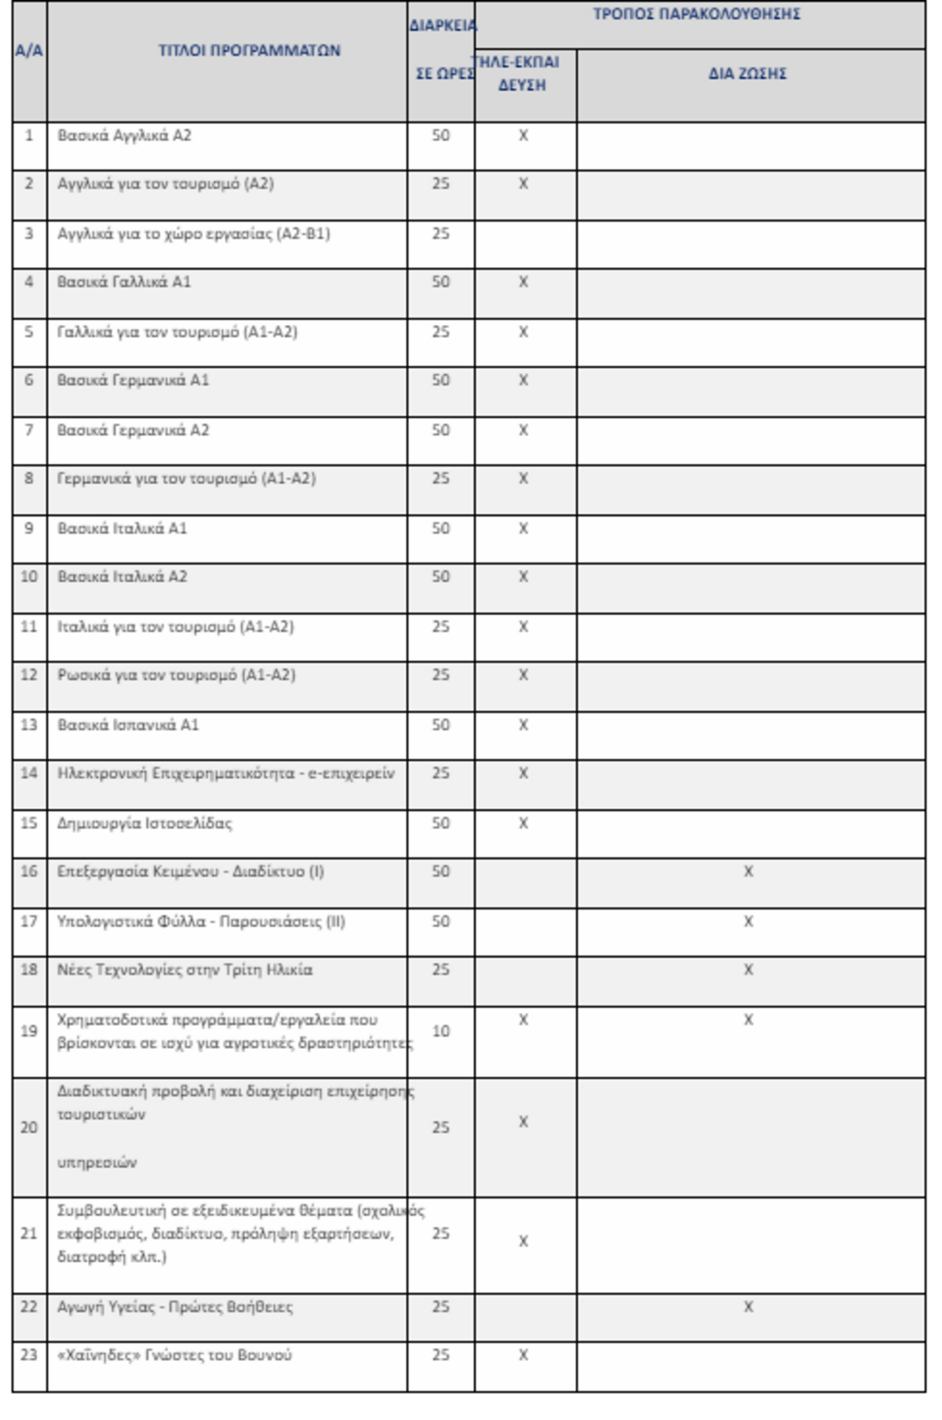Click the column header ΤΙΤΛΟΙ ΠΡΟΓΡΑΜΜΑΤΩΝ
[249, 51]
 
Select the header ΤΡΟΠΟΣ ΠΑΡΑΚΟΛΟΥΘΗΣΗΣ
[696, 14]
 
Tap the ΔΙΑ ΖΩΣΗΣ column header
[747, 74]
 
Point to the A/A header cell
[29, 51]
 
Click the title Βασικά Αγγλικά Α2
[124, 136]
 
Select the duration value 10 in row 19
[440, 1031]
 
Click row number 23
[29, 1355]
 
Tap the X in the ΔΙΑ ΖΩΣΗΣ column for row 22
[748, 1307]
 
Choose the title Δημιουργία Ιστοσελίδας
[144, 823]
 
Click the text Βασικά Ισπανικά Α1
[128, 725]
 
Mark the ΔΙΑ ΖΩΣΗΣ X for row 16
[748, 871]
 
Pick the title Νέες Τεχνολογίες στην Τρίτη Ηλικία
[184, 970]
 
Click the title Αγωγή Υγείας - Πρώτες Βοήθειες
[175, 1307]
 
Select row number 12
[29, 675]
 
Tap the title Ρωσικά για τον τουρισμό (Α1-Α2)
[176, 675]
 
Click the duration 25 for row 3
[440, 234]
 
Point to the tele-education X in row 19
[524, 1020]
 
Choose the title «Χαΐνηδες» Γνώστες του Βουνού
[174, 1355]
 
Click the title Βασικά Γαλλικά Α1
[124, 282]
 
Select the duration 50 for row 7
[440, 430]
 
